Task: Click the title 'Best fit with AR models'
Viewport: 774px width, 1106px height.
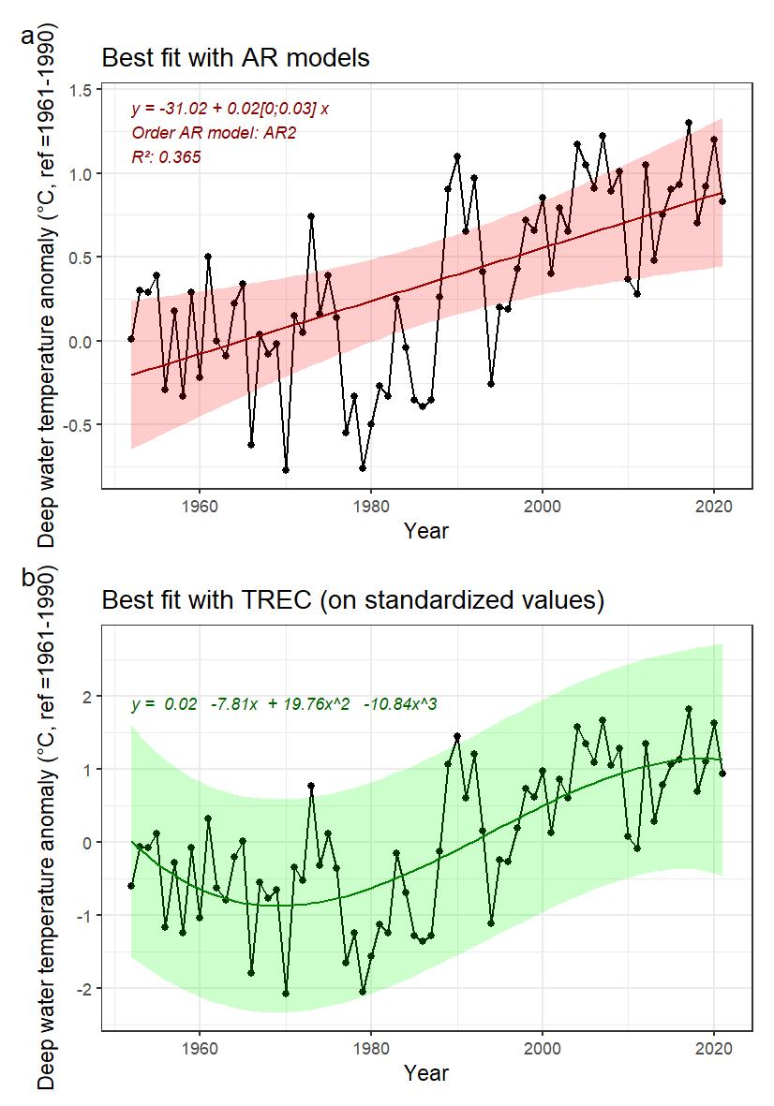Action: [x=235, y=58]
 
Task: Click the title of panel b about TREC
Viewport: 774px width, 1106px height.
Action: [x=351, y=599]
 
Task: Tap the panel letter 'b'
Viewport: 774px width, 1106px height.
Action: [x=27, y=578]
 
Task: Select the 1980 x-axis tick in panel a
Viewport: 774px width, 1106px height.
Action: [x=371, y=506]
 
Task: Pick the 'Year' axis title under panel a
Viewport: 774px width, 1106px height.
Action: [x=426, y=531]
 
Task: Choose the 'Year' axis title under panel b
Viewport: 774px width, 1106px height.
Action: [x=426, y=1073]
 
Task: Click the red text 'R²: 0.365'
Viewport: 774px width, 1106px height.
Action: [x=166, y=157]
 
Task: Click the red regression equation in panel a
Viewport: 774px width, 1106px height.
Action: [x=230, y=109]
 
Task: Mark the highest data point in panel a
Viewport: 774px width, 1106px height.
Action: [x=688, y=123]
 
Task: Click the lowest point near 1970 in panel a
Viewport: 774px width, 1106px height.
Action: [x=285, y=470]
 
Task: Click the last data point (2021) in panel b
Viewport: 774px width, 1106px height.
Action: [x=722, y=773]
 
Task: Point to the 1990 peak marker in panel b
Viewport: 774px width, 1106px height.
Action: [x=457, y=736]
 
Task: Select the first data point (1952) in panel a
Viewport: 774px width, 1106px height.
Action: [x=131, y=339]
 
